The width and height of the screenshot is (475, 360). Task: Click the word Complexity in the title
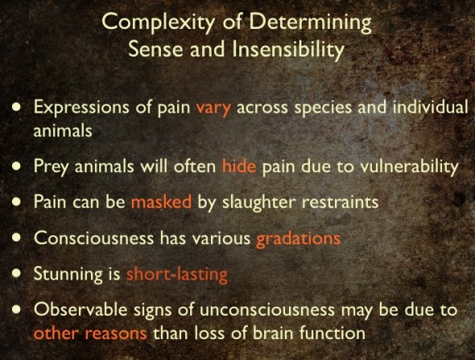[x=158, y=23]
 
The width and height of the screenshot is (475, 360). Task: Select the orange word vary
[x=213, y=109]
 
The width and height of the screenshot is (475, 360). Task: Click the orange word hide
[x=239, y=165]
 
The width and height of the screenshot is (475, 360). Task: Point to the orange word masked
[x=161, y=201]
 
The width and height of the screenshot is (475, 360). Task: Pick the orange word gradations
[x=298, y=239]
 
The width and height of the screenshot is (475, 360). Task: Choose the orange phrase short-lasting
[x=176, y=275]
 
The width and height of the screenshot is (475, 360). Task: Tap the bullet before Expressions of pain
[x=17, y=107]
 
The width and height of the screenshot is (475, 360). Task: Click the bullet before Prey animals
[x=17, y=166]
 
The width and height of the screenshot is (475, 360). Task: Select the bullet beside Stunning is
[x=17, y=274]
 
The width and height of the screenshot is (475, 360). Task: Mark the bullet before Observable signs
[x=17, y=309]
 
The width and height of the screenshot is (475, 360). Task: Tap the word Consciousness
[x=93, y=238]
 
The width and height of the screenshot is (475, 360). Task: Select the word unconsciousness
[x=267, y=310]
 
